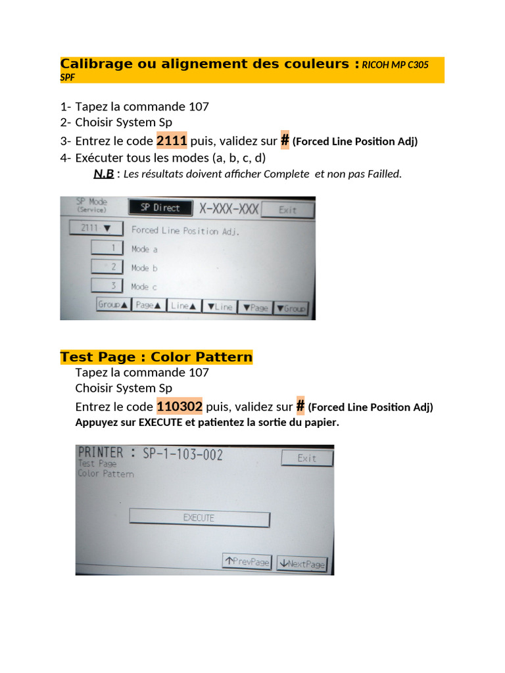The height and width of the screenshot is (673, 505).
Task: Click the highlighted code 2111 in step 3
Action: (172, 141)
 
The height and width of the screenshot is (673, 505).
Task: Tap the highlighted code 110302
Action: (180, 406)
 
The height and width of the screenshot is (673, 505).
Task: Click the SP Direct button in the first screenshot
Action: (160, 208)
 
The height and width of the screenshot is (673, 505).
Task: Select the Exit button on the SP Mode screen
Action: (288, 210)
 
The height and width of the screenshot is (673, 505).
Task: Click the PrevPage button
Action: (247, 561)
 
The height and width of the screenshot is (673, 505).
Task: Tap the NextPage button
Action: (302, 563)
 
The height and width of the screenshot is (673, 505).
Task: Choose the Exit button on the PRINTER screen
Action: (307, 458)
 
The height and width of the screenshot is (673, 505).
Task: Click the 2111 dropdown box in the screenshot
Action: (96, 228)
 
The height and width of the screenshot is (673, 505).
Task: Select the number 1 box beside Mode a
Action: (107, 248)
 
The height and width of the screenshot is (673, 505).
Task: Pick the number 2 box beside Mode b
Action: (107, 267)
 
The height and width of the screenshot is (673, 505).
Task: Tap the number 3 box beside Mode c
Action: (107, 285)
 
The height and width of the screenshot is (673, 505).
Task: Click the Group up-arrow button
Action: (113, 305)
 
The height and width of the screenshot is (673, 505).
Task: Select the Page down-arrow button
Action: (256, 308)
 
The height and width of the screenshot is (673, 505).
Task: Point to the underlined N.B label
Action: (104, 174)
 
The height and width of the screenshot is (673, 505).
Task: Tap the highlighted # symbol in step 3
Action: (285, 140)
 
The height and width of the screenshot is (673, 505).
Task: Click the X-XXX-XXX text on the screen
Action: (229, 209)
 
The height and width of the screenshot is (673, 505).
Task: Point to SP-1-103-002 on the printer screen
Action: (183, 454)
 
